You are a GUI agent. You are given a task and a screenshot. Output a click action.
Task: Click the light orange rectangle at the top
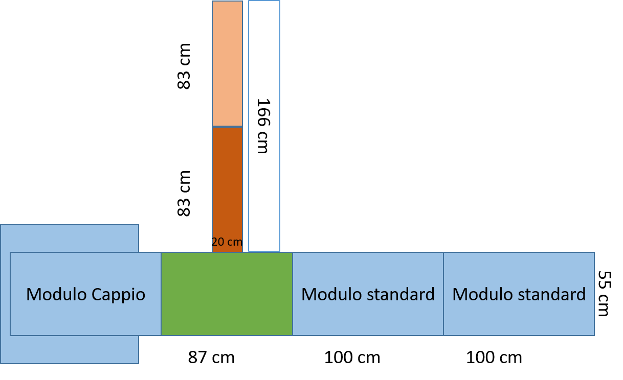coord(227,63)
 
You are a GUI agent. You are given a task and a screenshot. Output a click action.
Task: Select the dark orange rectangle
coord(227,184)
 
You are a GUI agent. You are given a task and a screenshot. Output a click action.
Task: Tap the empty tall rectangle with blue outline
coord(264,126)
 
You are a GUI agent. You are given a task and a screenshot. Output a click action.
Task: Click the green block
coord(227,294)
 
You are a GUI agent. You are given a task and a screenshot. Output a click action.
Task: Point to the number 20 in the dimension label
coord(218,242)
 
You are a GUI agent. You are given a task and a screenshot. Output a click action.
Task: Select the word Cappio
coord(118,295)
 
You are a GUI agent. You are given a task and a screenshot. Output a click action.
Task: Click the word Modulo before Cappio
coord(56,295)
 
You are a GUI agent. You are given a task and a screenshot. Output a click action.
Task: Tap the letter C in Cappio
coord(96,295)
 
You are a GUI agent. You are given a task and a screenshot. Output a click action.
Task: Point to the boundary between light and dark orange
coord(227,126)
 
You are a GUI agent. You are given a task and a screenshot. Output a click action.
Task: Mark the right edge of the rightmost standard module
coord(594,294)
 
